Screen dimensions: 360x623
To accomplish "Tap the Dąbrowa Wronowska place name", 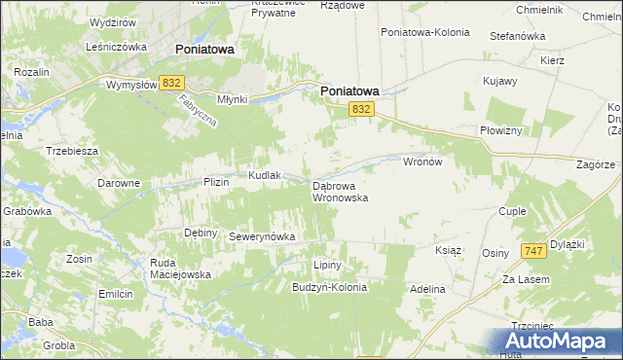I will click(x=339, y=191).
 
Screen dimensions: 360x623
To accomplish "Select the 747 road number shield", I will click(x=531, y=251).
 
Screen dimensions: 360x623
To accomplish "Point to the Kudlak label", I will click(x=265, y=175).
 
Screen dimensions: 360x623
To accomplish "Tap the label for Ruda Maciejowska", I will click(x=179, y=269).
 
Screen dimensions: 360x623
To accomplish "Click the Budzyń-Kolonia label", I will click(x=330, y=288).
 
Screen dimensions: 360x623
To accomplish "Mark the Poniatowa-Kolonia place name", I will click(x=425, y=32).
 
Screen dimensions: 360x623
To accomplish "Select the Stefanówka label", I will click(x=517, y=36).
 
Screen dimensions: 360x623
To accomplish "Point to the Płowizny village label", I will click(x=501, y=130).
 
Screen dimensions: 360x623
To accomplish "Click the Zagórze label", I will click(x=595, y=165).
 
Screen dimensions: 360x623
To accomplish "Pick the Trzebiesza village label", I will click(x=71, y=151).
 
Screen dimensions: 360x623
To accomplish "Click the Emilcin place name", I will click(x=115, y=293).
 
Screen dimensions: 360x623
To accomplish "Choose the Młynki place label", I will click(x=234, y=99).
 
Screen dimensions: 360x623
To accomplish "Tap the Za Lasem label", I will click(x=527, y=279).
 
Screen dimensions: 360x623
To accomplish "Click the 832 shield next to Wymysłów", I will click(x=173, y=84).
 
